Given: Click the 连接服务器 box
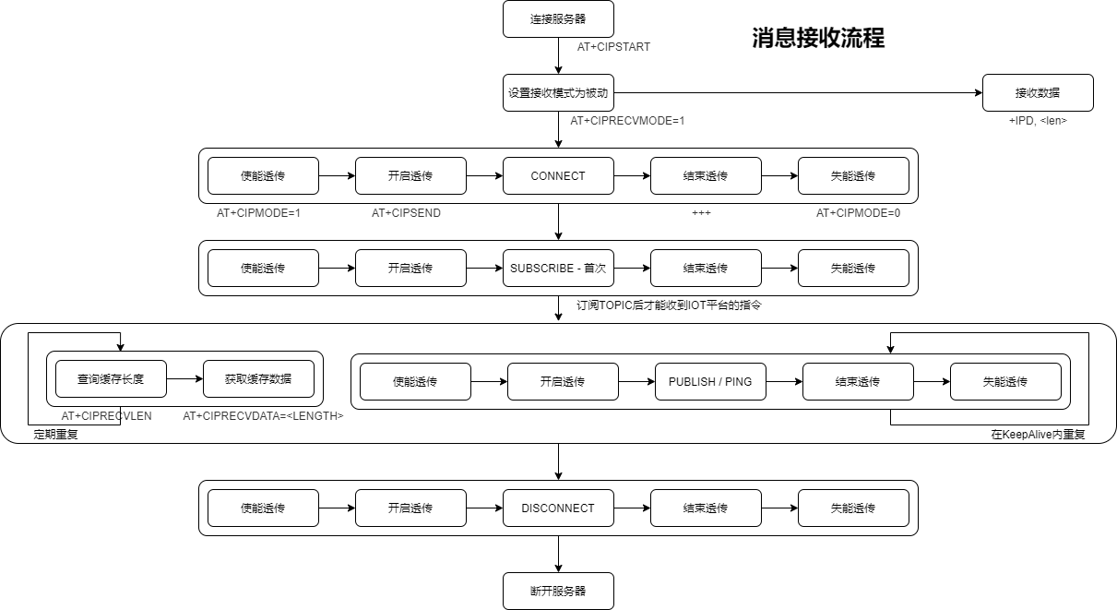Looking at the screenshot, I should click(558, 18).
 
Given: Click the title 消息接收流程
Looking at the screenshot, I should click(818, 38).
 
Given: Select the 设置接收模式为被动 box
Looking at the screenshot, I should click(558, 92).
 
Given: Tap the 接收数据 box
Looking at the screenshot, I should click(1038, 92).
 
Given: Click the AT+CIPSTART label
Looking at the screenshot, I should click(613, 47).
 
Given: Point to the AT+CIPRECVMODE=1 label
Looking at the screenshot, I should click(627, 121).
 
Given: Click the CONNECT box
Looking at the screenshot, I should click(558, 175).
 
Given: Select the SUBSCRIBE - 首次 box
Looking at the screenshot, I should click(558, 268).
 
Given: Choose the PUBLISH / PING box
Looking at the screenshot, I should click(710, 381).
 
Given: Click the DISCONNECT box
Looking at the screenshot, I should click(558, 508).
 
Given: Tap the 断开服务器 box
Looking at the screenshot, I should click(558, 591).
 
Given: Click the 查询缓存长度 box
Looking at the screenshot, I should click(111, 378).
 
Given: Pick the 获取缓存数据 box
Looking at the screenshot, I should click(258, 378).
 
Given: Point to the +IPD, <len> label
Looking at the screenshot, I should click(1038, 121).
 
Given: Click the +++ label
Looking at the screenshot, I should click(701, 213).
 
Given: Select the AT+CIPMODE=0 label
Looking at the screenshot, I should click(858, 213).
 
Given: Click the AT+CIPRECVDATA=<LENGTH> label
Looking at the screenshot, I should click(263, 416).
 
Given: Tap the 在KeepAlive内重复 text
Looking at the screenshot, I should click(1038, 435).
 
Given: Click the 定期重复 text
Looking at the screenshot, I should click(55, 435).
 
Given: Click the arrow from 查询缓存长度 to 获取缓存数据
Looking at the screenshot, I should click(184, 378).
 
